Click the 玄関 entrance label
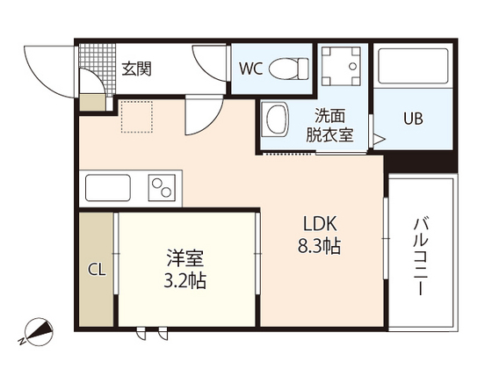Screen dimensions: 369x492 click(x=136, y=68)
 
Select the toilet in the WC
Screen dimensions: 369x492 click(x=287, y=67)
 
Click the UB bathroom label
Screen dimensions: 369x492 click(x=412, y=119)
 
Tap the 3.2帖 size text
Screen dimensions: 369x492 click(x=185, y=283)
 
